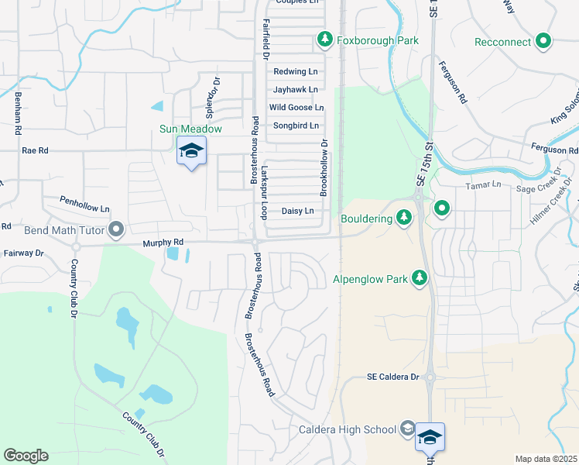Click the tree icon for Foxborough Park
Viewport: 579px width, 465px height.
click(324, 40)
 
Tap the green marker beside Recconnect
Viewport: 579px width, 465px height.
click(543, 41)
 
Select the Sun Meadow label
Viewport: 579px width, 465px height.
click(190, 129)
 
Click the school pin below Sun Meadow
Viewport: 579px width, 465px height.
click(191, 151)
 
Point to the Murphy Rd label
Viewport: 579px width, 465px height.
click(161, 243)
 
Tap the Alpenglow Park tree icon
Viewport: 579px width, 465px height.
click(419, 278)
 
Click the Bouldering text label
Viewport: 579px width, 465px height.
click(367, 219)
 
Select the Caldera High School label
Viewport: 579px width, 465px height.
click(348, 429)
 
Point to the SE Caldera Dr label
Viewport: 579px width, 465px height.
click(392, 377)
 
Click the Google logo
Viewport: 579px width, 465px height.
click(26, 456)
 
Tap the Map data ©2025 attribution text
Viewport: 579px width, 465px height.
click(545, 459)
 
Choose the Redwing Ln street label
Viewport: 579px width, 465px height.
click(296, 71)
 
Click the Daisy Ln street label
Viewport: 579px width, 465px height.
click(297, 211)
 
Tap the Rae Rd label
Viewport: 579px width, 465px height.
click(35, 150)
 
